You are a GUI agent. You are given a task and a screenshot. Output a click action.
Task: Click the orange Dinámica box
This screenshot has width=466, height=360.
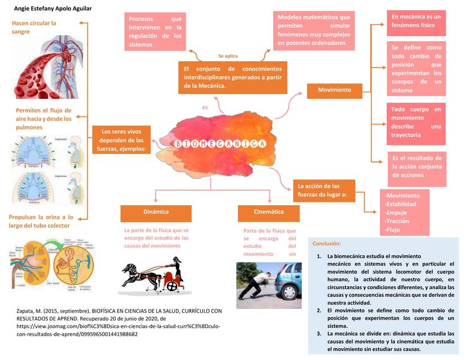156,213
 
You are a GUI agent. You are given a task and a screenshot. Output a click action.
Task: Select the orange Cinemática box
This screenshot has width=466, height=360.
269,213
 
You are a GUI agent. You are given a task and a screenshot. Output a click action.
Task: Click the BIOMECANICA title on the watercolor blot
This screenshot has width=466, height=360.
220,145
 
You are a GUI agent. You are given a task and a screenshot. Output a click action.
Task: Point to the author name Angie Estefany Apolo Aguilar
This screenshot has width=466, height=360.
52,8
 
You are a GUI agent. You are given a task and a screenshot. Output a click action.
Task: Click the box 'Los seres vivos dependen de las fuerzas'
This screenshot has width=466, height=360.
122,140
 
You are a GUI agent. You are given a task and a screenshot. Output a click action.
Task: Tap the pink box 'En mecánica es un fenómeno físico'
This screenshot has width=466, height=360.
416,21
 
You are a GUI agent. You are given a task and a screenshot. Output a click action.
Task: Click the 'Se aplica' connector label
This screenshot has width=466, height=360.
228,56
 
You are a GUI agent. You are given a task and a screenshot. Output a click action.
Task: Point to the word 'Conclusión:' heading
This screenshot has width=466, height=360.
327,244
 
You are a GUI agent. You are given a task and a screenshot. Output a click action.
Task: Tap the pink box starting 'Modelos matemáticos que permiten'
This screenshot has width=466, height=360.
314,30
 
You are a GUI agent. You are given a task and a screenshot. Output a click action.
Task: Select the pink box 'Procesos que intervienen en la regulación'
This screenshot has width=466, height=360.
155,31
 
